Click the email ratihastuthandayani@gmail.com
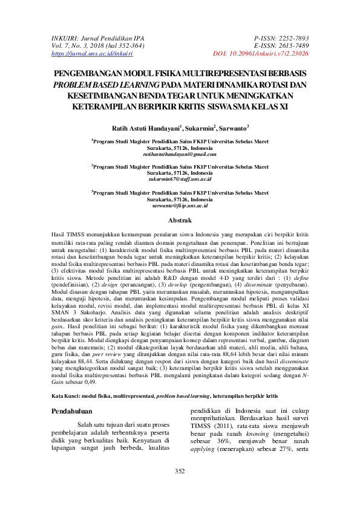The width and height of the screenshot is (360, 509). click(180, 155)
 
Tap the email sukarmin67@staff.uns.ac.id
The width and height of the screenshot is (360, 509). click(180, 180)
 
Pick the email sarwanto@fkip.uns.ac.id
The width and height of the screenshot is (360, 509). click(180, 206)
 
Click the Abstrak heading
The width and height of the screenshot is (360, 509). click(180, 221)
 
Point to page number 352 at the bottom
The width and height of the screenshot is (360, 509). click(180, 488)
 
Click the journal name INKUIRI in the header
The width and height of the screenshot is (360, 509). click(66, 37)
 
